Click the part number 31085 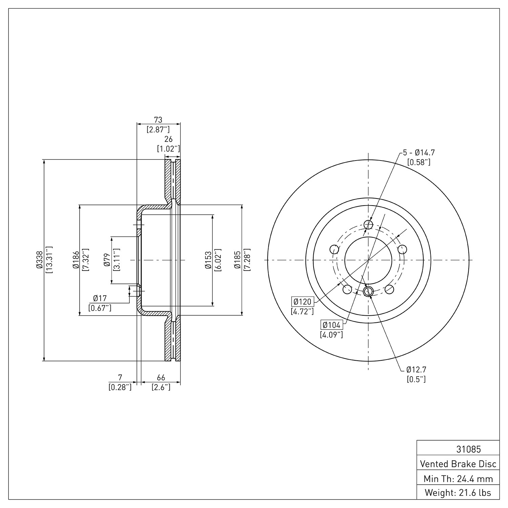click(x=468, y=449)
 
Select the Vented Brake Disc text click(x=458, y=464)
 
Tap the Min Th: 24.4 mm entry click(x=458, y=479)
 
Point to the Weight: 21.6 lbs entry click(x=458, y=492)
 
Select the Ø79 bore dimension click(x=107, y=260)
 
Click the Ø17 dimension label click(x=100, y=298)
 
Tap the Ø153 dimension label click(x=208, y=260)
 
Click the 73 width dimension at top click(x=158, y=120)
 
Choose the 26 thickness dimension click(x=168, y=139)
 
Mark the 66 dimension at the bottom click(x=161, y=377)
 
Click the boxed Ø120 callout click(x=302, y=301)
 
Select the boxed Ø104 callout click(x=332, y=325)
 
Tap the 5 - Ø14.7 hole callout click(x=419, y=153)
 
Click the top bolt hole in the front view click(x=368, y=225)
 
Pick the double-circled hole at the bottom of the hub click(x=368, y=291)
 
